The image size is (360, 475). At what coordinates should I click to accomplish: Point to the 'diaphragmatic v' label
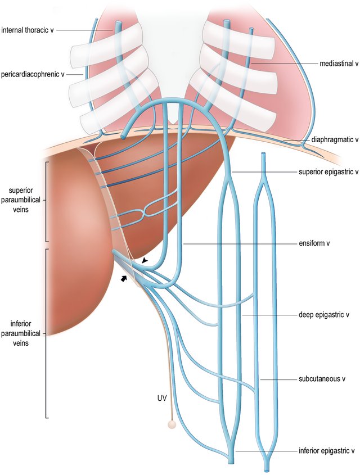335,140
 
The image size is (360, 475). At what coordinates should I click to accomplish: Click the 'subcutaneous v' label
325,379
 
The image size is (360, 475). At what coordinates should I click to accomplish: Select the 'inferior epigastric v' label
326,450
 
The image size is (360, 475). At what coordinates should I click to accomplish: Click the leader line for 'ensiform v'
242,244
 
